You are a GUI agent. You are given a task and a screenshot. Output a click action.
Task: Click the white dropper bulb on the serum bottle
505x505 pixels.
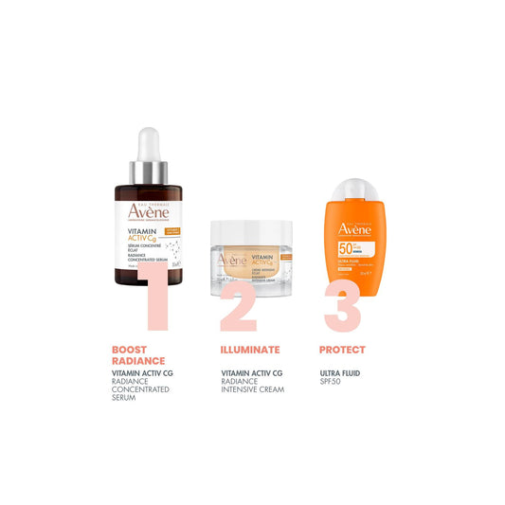coord(148,144)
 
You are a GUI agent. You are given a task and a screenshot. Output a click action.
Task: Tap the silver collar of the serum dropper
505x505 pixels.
coord(148,171)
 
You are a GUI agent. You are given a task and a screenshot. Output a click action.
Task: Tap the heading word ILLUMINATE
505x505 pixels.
coord(250,350)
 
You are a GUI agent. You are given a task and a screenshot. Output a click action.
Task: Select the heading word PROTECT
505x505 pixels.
coord(342,350)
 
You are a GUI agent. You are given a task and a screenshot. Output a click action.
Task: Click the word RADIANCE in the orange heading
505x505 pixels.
coord(138,361)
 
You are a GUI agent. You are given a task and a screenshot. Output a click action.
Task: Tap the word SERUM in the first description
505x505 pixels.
coord(124,398)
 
